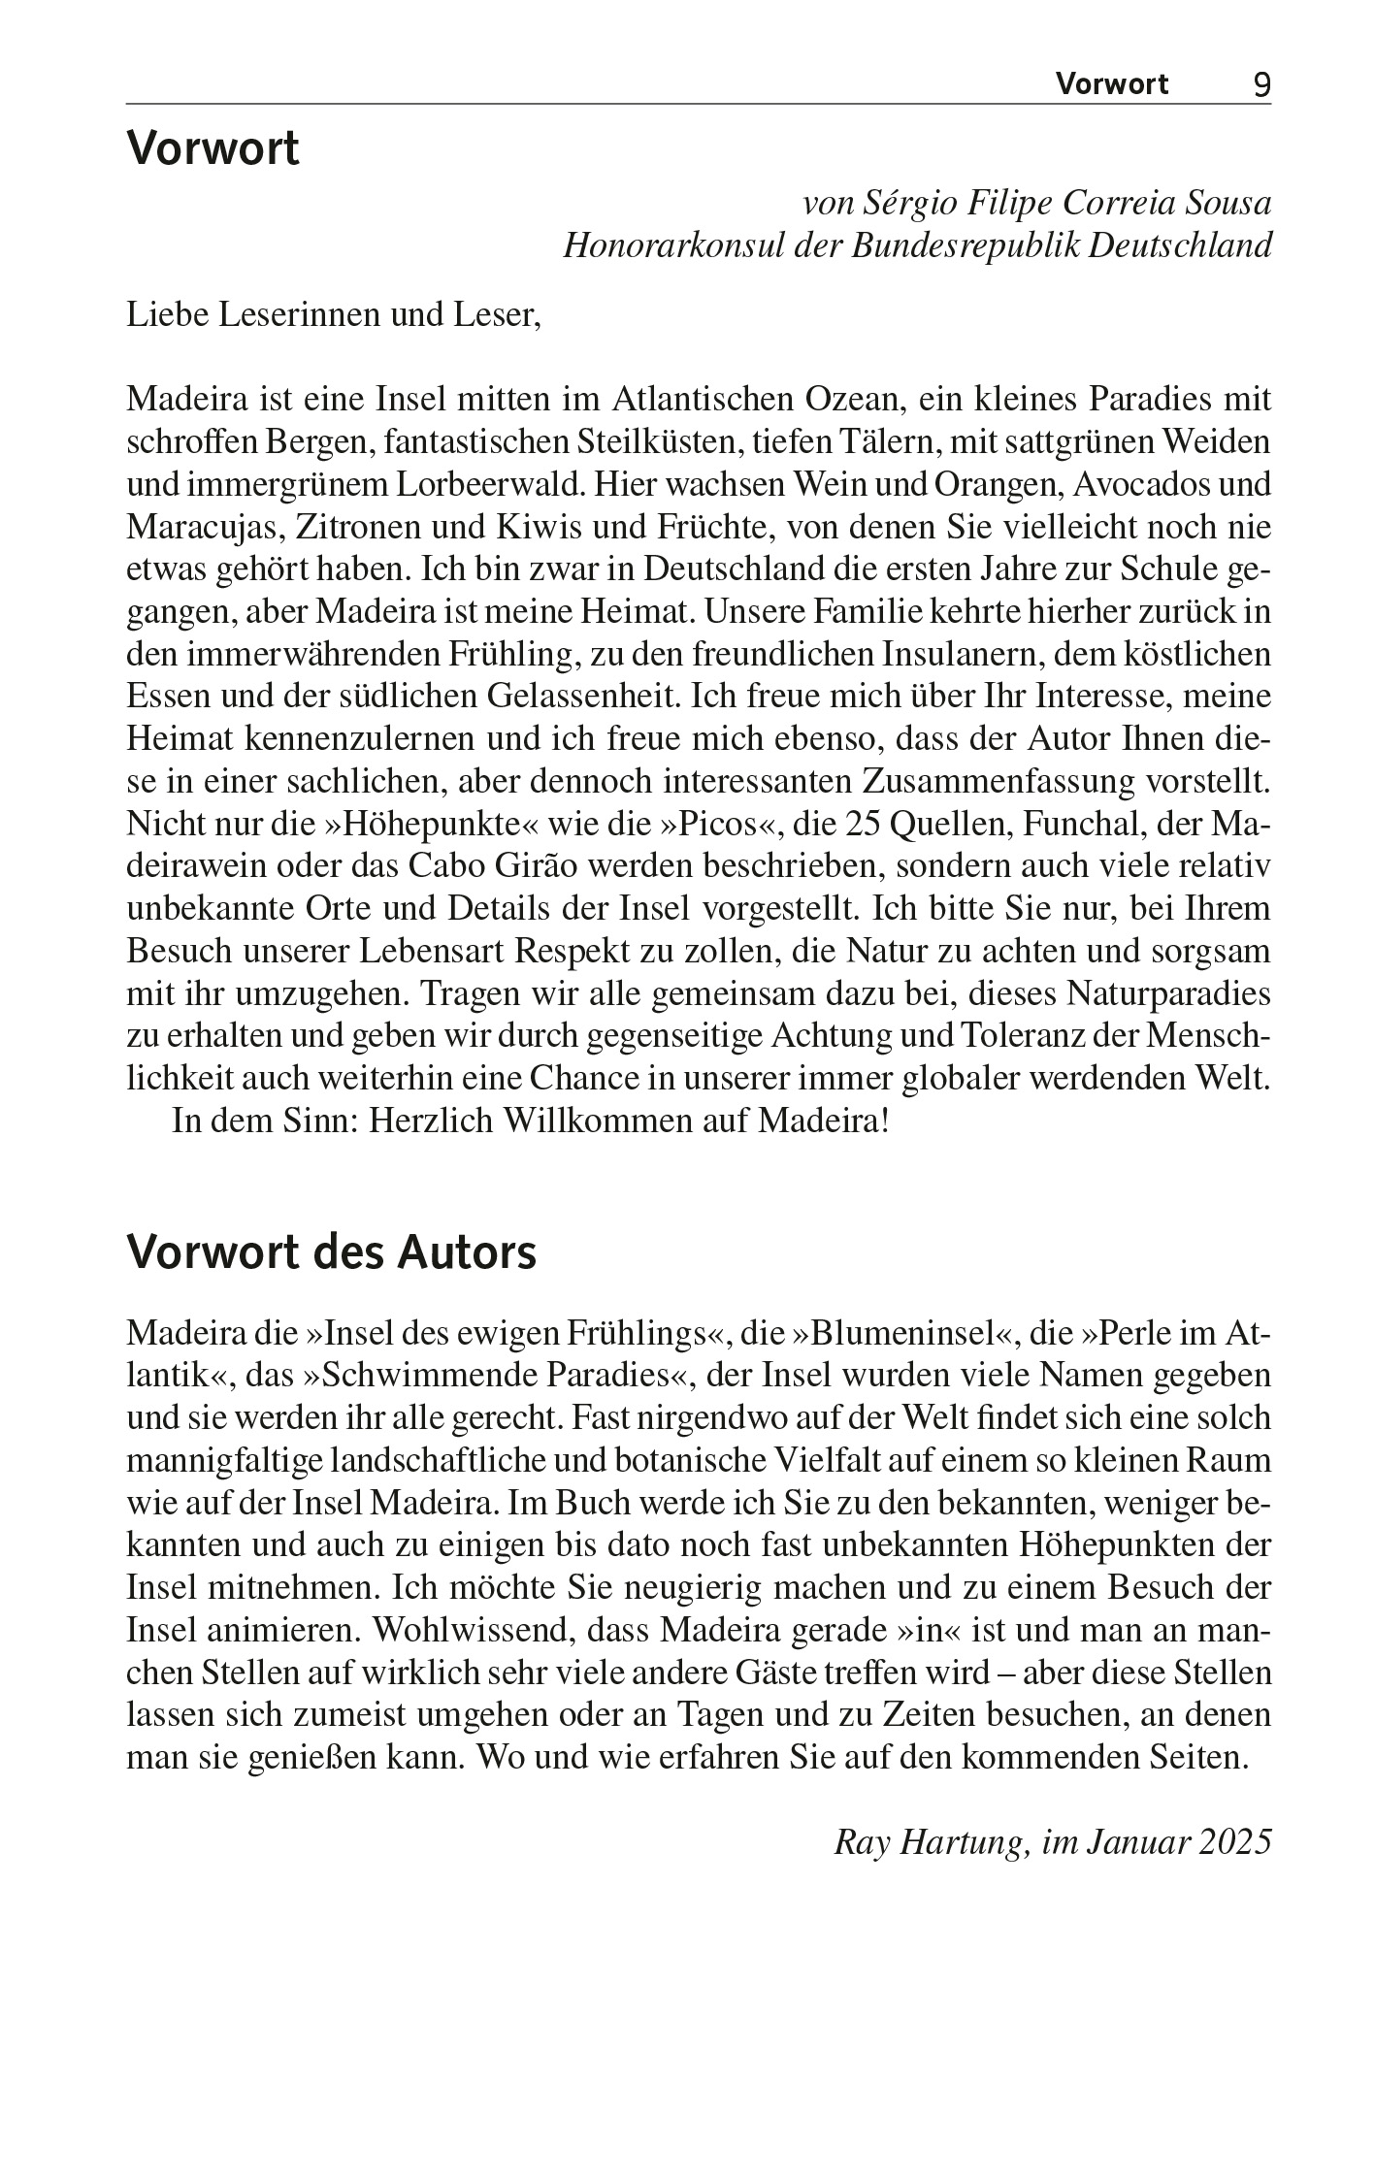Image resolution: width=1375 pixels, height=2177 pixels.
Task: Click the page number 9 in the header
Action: [1261, 84]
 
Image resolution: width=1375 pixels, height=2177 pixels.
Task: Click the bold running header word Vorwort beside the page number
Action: [1112, 84]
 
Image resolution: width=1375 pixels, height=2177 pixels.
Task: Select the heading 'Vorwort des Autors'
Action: [331, 1252]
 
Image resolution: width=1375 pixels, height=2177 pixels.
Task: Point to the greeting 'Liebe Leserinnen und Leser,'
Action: [333, 315]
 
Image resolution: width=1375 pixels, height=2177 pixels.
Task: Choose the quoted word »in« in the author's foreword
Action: [930, 1630]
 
